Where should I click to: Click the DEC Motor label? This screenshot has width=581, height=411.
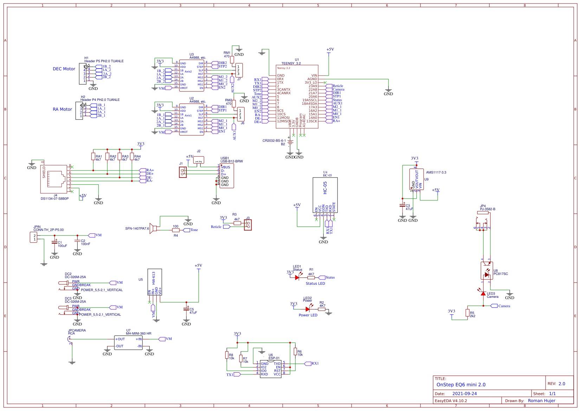pos(64,69)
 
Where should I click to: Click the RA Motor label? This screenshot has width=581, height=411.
pos(62,109)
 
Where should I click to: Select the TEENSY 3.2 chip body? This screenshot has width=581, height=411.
pos(297,95)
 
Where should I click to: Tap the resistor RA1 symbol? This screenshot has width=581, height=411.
pos(93,156)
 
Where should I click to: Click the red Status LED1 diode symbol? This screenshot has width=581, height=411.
pos(297,277)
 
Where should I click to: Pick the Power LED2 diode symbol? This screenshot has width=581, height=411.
pos(308,309)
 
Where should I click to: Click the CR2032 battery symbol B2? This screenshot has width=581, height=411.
pos(290,142)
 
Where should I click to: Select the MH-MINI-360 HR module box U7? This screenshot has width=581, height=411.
pos(128,342)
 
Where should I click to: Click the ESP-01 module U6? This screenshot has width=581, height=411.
pos(271,369)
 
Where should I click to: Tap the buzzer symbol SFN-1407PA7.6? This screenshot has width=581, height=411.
pos(153,227)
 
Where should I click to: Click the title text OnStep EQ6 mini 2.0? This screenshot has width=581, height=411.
pos(461,385)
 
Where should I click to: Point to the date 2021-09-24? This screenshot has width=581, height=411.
pos(464,394)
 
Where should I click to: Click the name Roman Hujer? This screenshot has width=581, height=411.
pos(541,401)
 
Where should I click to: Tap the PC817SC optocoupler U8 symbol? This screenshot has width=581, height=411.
pos(486,271)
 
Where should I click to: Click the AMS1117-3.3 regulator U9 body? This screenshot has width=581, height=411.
pos(417,179)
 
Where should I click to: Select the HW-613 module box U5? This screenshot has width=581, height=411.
pos(155,282)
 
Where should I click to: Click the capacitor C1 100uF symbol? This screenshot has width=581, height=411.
pos(54,242)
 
